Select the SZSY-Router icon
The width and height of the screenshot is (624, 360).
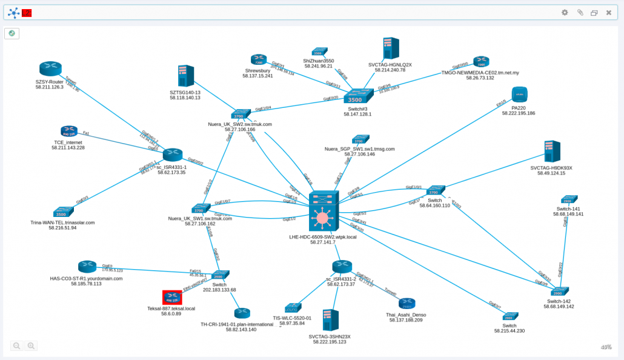51,68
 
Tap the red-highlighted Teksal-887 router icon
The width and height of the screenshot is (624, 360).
172,297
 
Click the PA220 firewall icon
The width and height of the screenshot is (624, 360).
519,95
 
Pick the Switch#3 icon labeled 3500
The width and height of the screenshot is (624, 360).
356,97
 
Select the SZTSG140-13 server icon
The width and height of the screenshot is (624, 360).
185,76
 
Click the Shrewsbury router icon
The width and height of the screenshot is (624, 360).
259,59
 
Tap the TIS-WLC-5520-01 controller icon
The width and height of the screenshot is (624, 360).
293,308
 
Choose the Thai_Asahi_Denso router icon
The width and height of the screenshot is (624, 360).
407,304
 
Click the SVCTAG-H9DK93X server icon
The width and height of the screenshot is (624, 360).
551,152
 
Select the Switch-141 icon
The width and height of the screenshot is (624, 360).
569,199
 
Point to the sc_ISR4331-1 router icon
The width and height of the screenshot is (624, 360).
172,155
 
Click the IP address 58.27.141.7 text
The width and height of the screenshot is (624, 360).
323,242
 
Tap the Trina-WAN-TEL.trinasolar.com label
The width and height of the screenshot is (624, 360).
62,222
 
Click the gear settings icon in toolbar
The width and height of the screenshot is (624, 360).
565,12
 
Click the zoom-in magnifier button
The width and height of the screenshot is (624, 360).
31,345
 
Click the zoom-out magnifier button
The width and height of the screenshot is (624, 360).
17,345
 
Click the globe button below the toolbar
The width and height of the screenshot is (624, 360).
12,33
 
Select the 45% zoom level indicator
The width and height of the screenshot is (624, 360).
606,347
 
